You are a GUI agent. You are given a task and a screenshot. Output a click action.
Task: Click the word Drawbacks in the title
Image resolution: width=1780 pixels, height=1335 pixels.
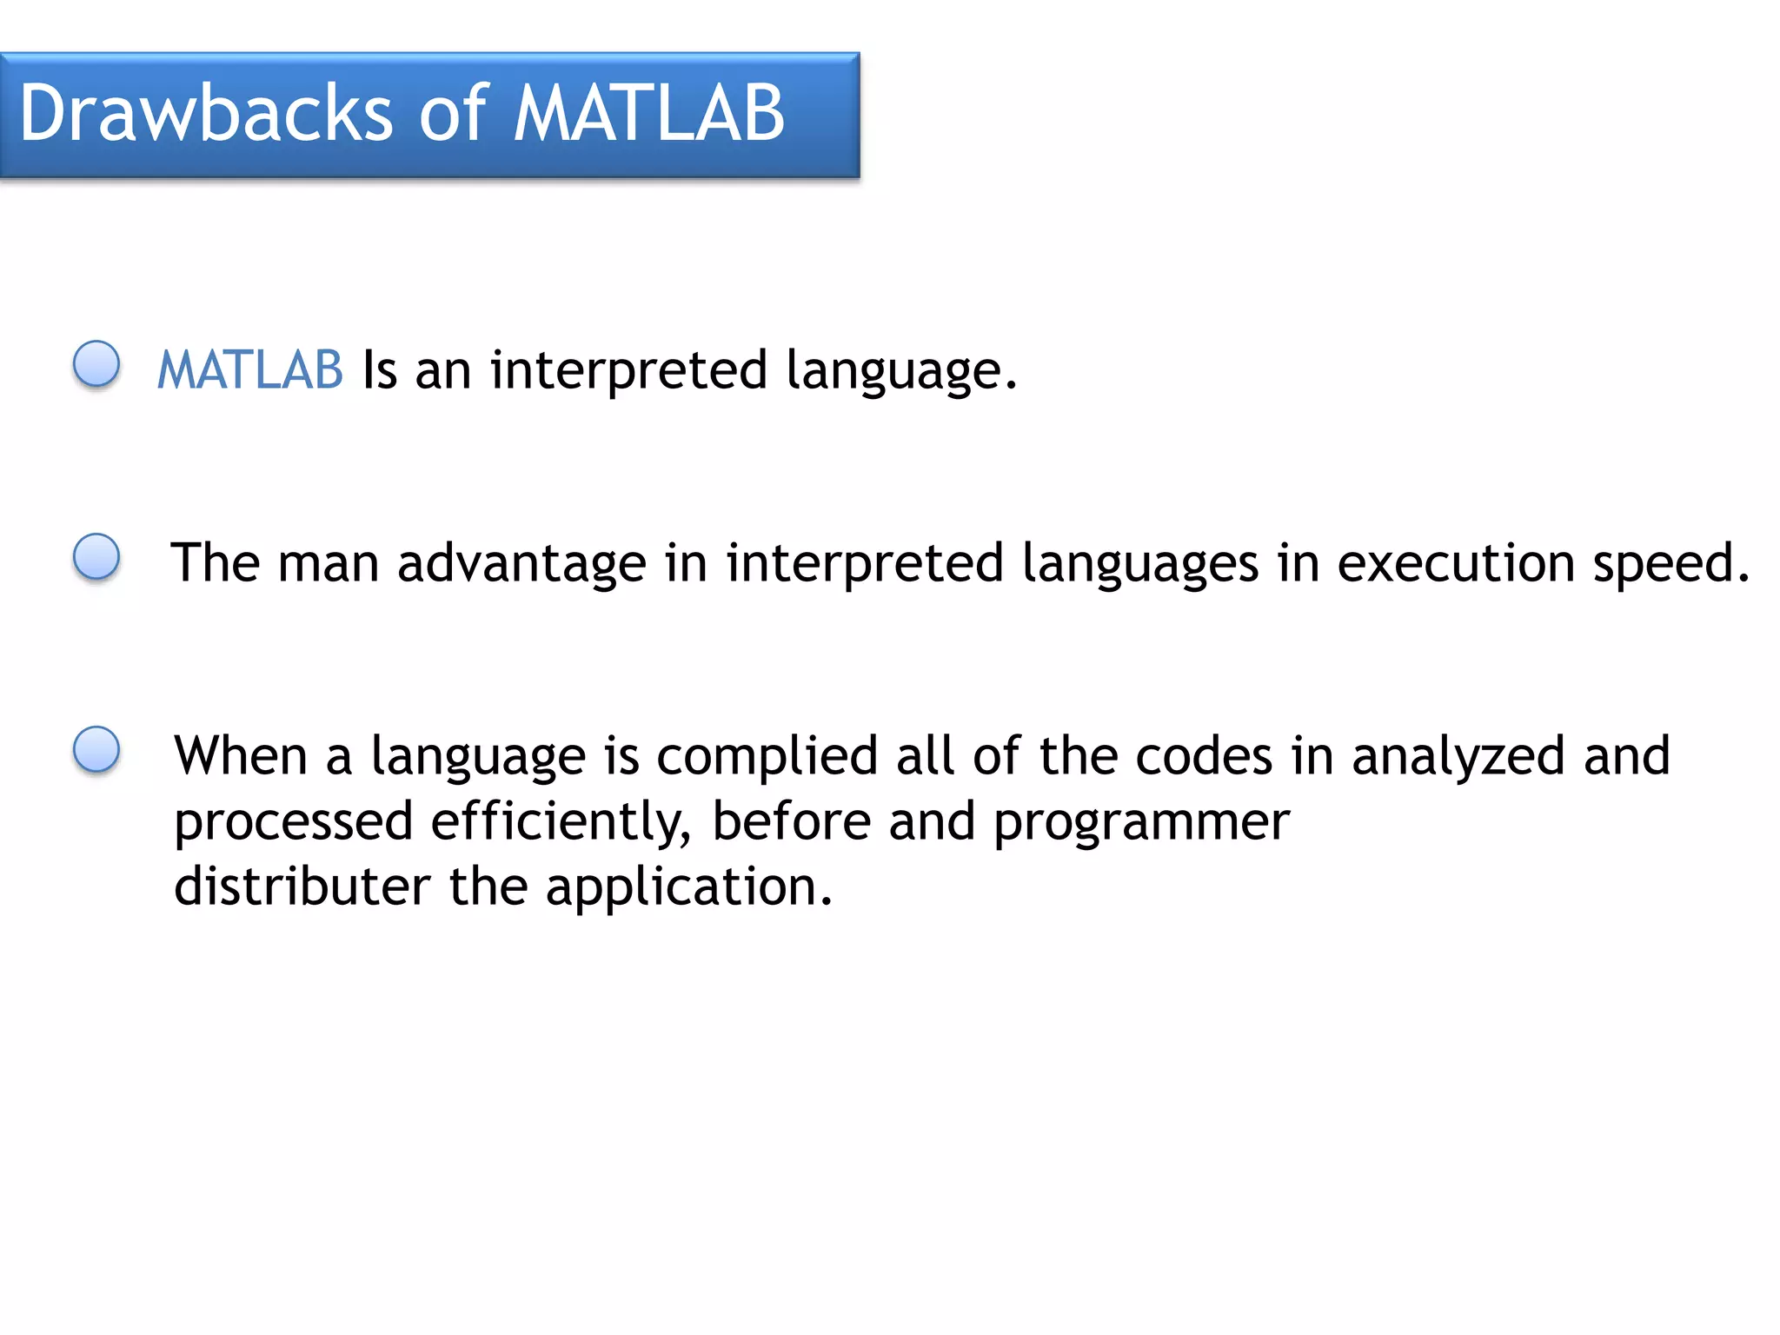click(x=207, y=114)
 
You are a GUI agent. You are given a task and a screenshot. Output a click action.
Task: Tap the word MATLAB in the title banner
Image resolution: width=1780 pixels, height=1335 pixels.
click(x=648, y=114)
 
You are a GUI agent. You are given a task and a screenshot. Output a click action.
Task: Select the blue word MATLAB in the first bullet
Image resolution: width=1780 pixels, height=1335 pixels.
click(x=250, y=370)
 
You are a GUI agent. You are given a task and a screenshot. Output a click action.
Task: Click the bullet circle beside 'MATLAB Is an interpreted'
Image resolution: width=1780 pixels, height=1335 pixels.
click(x=96, y=363)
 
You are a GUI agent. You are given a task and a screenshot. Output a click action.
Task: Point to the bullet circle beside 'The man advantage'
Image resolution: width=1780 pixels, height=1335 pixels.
click(x=96, y=556)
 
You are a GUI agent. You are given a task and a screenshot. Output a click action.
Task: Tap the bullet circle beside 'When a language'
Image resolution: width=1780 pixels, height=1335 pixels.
click(x=96, y=749)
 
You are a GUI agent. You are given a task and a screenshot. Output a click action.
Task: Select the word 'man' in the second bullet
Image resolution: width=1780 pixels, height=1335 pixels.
click(x=328, y=563)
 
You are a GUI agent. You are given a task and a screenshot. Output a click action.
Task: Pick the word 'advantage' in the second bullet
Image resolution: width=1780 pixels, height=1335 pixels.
click(x=521, y=563)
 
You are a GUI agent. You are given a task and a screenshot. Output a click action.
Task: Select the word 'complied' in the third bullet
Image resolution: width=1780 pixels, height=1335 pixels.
click(x=766, y=755)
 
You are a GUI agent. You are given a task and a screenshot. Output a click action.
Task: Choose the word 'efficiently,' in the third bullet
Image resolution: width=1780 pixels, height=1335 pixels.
click(x=561, y=821)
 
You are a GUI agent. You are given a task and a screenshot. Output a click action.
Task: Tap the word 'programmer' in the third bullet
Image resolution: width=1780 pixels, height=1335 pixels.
click(x=1140, y=823)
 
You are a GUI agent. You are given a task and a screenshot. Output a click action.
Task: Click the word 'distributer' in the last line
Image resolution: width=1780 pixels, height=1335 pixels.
click(x=302, y=887)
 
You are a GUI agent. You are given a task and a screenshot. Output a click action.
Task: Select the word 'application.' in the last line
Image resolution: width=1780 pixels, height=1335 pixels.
click(x=688, y=888)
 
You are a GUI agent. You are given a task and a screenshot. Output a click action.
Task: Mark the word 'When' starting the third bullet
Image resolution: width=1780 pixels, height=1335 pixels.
click(x=241, y=755)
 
